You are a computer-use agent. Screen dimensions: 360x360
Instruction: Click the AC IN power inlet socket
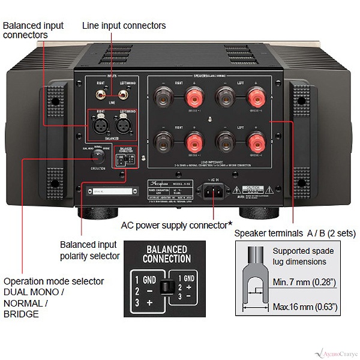[214, 191]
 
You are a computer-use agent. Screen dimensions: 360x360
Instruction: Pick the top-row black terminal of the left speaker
[225, 98]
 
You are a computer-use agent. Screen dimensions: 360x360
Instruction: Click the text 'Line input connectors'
[124, 26]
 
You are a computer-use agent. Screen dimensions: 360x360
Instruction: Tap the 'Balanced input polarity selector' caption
[89, 250]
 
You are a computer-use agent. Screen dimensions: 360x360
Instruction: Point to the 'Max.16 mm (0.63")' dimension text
[305, 307]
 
